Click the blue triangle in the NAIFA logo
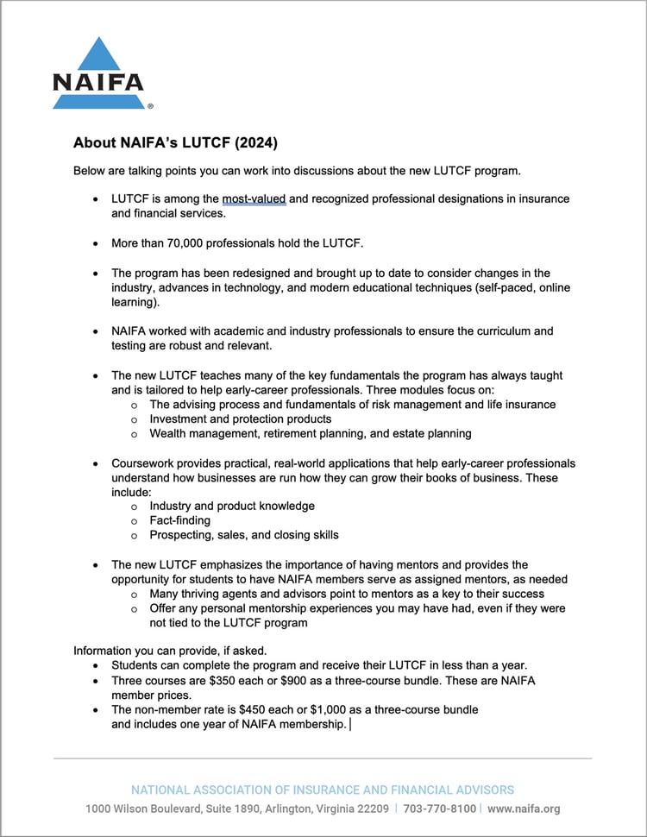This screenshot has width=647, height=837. point(97,56)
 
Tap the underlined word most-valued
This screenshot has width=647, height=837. point(254,198)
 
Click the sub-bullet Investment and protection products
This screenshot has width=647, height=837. point(240,418)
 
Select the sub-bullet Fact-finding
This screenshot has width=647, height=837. point(179,520)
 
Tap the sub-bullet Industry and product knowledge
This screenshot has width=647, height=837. point(232,506)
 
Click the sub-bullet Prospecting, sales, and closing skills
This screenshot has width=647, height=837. point(244,535)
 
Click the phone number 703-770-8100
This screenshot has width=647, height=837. point(441,809)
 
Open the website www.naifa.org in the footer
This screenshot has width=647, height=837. point(524,809)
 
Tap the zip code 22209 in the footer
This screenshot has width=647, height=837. point(371,809)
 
